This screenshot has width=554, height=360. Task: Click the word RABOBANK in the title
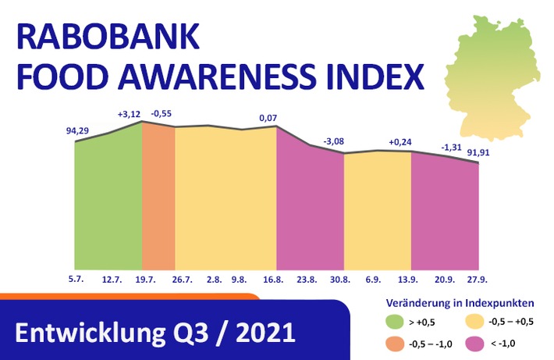(108, 37)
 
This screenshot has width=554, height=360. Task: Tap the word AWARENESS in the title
(217, 77)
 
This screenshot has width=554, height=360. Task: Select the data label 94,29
(77, 131)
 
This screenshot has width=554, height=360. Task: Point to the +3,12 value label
(129, 114)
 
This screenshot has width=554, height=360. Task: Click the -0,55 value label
(161, 113)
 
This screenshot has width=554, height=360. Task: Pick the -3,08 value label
(333, 141)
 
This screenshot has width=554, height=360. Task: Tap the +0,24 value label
(400, 142)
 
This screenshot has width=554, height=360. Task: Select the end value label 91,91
(478, 153)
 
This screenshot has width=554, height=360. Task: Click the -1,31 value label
(452, 147)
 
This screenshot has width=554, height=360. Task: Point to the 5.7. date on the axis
(76, 279)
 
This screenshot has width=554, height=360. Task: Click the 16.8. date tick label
(273, 280)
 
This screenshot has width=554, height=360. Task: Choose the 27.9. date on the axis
(478, 280)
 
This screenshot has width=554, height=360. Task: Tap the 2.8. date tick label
(214, 280)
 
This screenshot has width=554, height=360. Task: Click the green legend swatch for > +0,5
(395, 322)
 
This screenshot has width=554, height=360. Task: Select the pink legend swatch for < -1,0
(474, 344)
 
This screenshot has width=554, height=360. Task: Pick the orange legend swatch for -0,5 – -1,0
(395, 344)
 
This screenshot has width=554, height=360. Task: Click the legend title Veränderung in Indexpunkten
(460, 303)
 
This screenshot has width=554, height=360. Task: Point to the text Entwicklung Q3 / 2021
(155, 333)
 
